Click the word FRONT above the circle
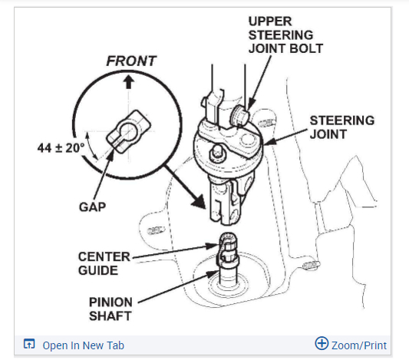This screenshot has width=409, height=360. (x=131, y=61)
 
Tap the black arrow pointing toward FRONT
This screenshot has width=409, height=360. (x=128, y=81)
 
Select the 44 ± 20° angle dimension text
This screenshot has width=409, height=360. (x=61, y=148)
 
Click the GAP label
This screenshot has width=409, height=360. (x=93, y=207)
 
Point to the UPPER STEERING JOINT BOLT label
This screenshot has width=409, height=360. (x=285, y=35)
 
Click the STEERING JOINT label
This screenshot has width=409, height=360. (x=342, y=127)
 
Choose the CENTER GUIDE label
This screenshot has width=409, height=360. (x=104, y=263)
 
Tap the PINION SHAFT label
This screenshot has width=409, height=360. (x=110, y=309)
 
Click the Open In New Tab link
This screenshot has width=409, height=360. (x=84, y=345)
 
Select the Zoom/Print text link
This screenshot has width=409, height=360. (x=359, y=345)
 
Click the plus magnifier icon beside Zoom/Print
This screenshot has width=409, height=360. (x=322, y=343)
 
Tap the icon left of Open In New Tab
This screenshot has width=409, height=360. (x=29, y=344)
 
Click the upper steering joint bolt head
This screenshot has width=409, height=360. (x=239, y=116)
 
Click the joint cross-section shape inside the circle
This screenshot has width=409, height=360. (x=128, y=131)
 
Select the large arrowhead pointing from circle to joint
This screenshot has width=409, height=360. (x=200, y=201)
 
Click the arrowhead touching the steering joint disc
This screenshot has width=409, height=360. (x=269, y=141)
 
